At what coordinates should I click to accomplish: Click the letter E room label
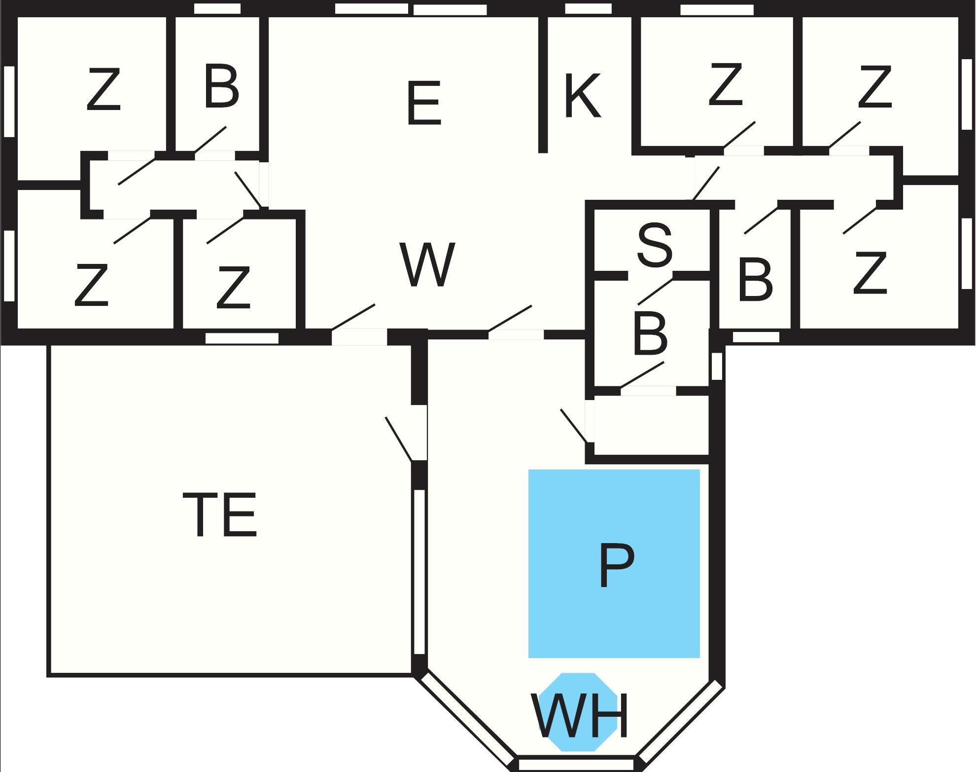(x=423, y=104)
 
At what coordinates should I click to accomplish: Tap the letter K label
(x=582, y=96)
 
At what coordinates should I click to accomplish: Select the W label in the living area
(x=427, y=264)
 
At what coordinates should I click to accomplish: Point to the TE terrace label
(x=220, y=515)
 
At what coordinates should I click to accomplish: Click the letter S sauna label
(x=655, y=245)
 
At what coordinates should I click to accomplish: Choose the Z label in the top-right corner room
(x=875, y=87)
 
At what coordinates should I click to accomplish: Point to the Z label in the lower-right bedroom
(x=870, y=273)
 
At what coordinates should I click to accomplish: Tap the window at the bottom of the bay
(x=576, y=765)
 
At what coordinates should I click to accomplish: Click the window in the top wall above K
(x=588, y=8)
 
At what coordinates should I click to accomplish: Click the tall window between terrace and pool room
(x=419, y=572)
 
